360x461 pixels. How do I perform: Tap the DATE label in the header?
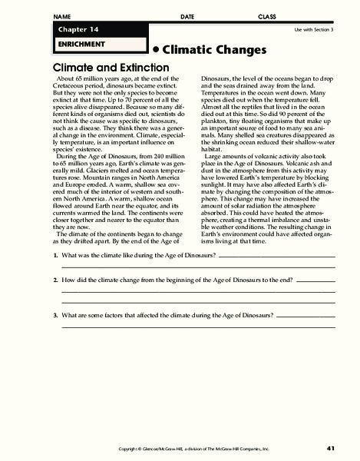click(187, 16)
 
